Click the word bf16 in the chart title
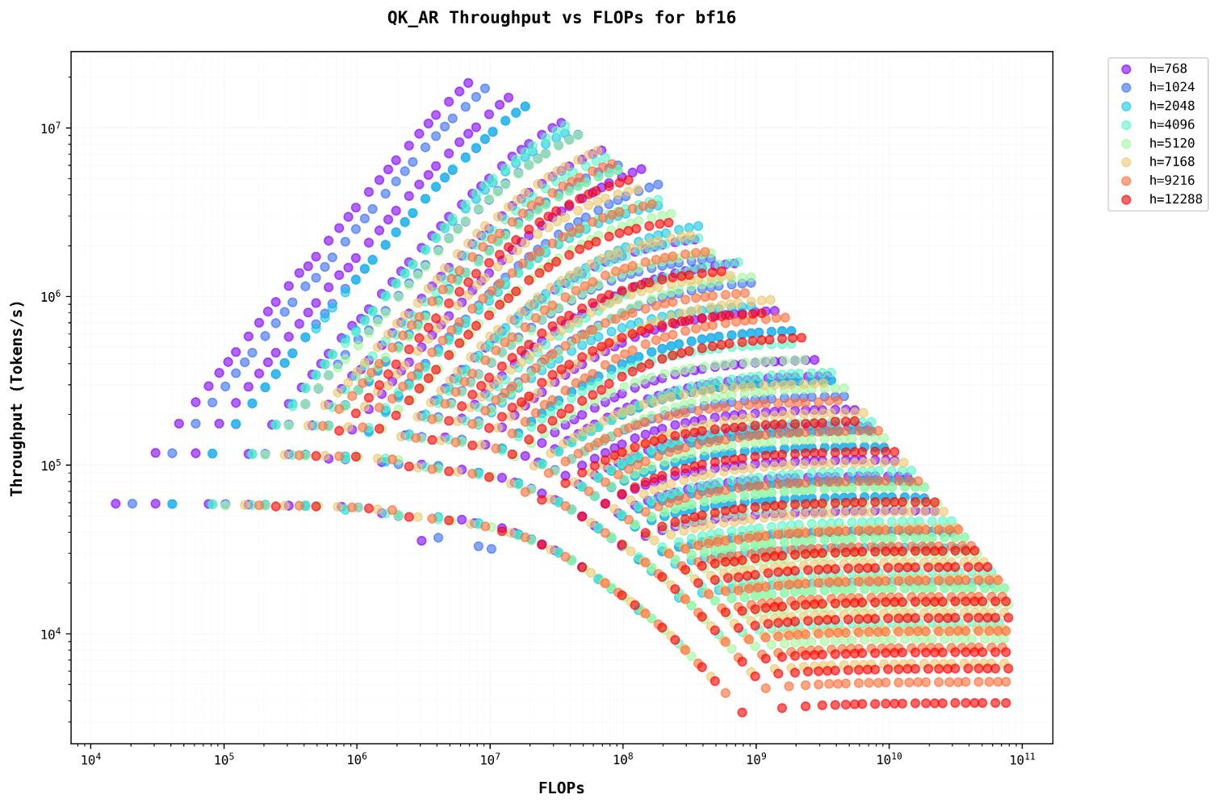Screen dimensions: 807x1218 click(x=716, y=18)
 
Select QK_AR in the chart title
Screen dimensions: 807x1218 click(x=419, y=18)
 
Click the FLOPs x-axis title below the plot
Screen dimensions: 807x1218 click(x=561, y=788)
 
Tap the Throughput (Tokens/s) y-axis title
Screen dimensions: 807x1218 click(x=17, y=398)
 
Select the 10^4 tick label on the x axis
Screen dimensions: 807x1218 click(x=90, y=760)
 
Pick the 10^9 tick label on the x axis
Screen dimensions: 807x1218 click(x=755, y=760)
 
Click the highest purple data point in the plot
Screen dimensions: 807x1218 click(x=468, y=83)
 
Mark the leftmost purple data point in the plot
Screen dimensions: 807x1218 click(x=115, y=504)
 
